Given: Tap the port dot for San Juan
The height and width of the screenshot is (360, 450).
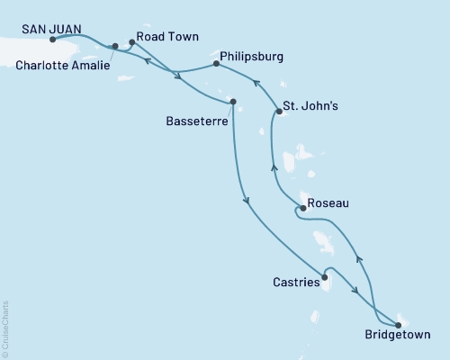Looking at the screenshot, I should point(55,40).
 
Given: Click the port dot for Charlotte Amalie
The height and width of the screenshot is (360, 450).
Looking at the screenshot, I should point(115,46).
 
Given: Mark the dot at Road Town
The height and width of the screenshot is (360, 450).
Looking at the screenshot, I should point(132,41).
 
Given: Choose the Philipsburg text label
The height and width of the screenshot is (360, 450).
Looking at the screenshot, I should point(252,56).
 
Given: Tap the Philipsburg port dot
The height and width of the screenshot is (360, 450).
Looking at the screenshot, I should point(216,64).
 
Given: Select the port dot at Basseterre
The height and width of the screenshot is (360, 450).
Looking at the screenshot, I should point(233,102).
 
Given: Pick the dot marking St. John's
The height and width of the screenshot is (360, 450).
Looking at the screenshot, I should point(277,113).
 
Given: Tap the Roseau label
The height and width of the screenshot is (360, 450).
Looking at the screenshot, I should point(328,204).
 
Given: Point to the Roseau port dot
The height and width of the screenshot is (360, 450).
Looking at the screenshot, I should point(302,208).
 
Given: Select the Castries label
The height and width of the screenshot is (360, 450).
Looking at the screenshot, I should point(295,283).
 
